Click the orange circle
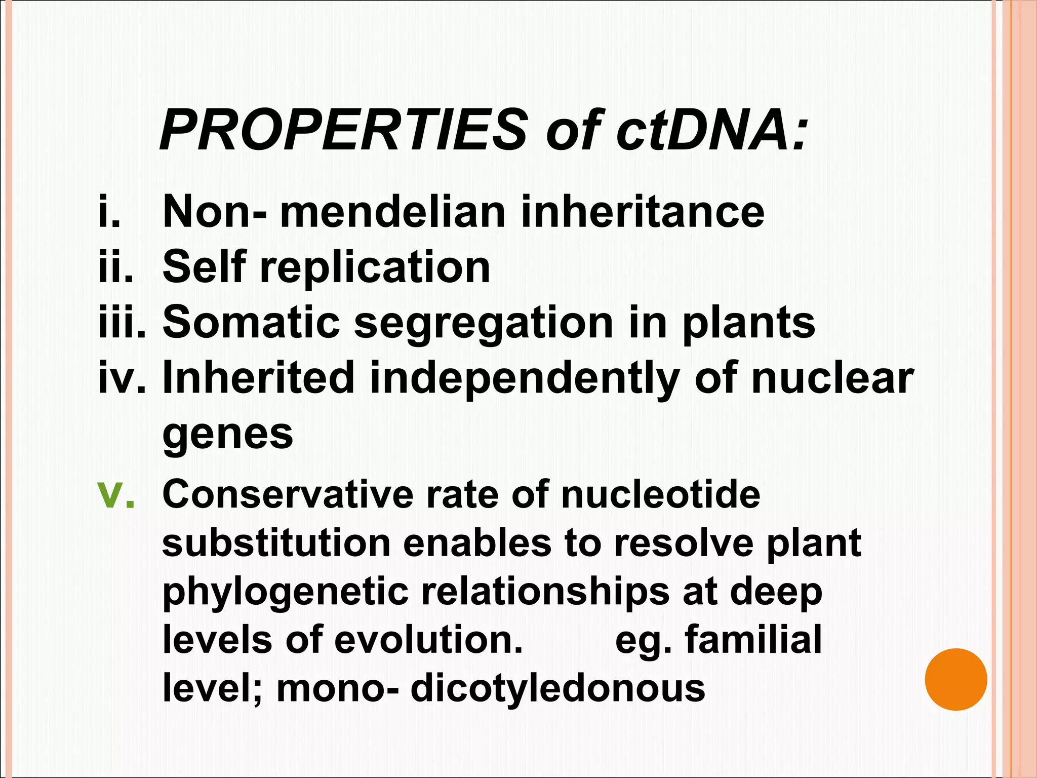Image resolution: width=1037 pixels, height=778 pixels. coord(955,679)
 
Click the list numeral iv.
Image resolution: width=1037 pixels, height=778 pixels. coord(122,378)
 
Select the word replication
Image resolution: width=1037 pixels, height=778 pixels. coord(375,268)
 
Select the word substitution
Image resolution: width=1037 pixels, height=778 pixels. coord(276,542)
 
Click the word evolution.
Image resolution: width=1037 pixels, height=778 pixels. coord(428,640)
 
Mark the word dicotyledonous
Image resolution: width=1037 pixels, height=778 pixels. coord(557,689)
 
